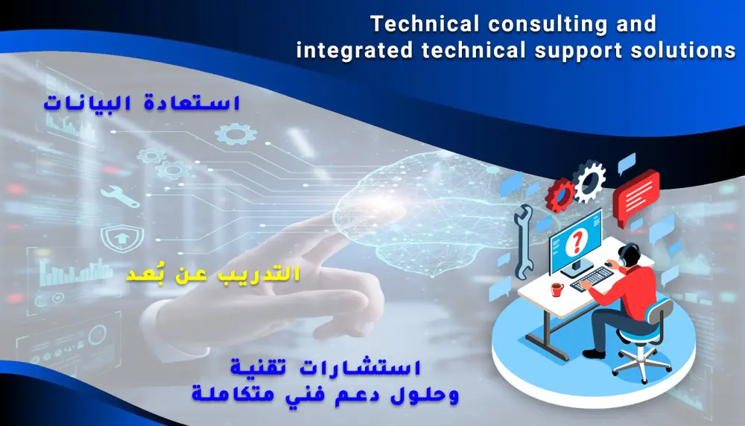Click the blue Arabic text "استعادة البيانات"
point(141,104)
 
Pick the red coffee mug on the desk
point(556,289)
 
